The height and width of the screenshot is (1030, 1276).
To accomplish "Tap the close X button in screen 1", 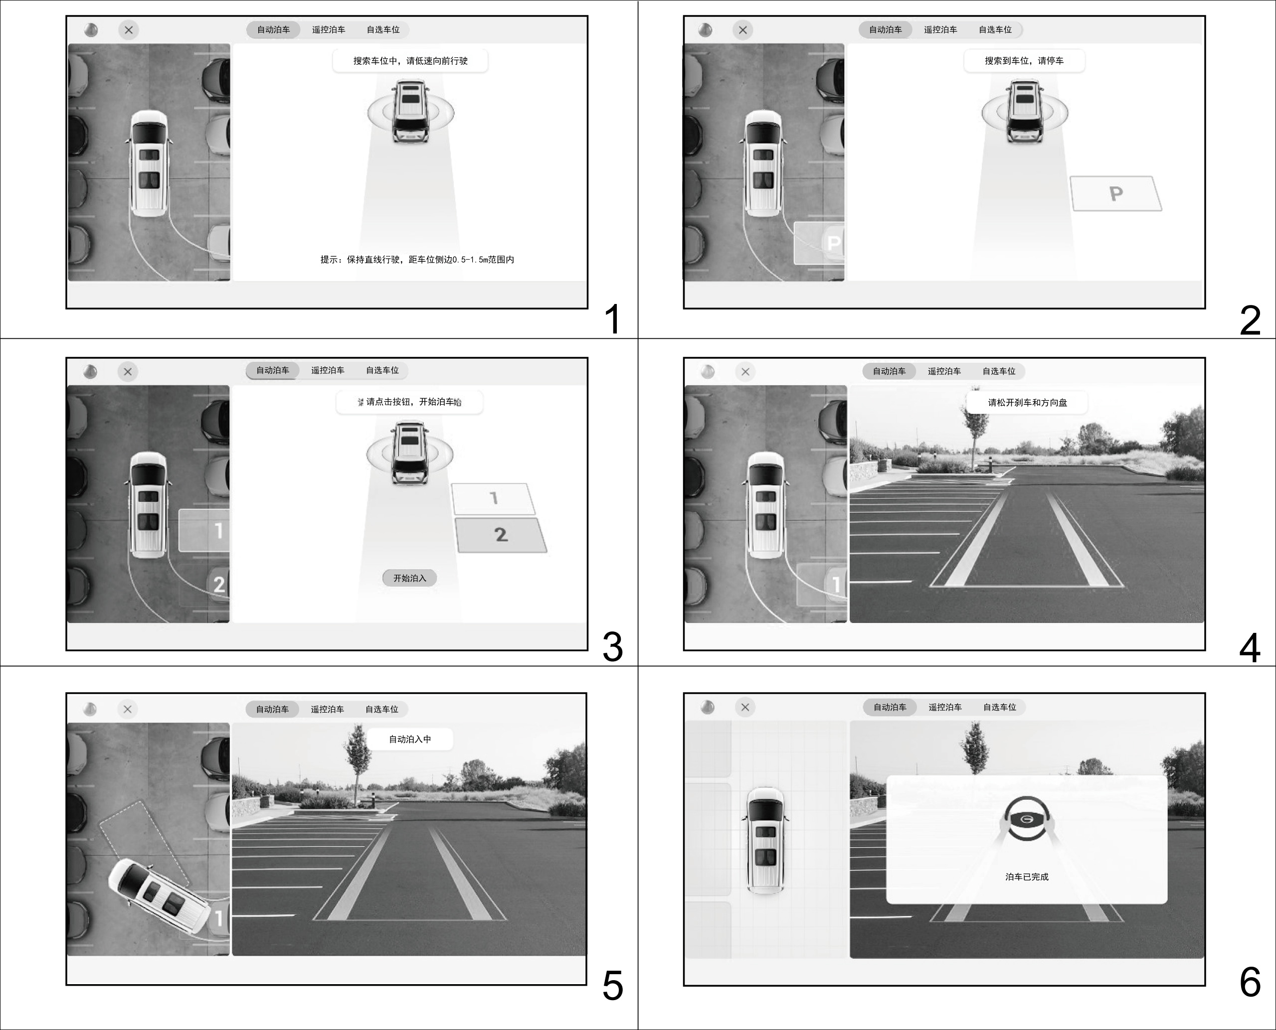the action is (129, 30).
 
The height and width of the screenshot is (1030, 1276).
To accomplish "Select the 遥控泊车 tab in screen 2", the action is (940, 30).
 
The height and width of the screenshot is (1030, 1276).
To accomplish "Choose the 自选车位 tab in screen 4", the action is (999, 371).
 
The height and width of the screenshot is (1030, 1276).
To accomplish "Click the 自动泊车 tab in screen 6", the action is (890, 707).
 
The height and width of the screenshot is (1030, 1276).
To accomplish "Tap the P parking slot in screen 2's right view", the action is (1115, 193).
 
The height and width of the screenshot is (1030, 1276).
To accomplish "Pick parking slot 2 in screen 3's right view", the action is (501, 535).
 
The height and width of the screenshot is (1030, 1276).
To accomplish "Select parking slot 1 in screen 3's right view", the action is (494, 498).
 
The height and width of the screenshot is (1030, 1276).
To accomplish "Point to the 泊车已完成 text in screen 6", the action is (1027, 877).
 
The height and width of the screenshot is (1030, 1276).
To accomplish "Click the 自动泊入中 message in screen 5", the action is (410, 739).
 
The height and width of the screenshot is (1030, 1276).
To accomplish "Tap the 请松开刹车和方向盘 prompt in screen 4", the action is (1027, 402).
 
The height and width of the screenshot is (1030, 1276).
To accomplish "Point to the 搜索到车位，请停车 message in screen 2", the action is (1024, 60).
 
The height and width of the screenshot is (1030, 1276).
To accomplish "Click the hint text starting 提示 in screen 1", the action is (417, 259).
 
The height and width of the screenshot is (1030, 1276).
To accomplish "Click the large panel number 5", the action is (613, 986).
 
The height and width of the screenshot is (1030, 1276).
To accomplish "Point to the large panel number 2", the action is (1250, 320).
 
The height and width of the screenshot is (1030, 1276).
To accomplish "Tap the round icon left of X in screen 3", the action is (90, 371).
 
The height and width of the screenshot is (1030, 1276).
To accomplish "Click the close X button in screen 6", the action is (745, 707).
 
